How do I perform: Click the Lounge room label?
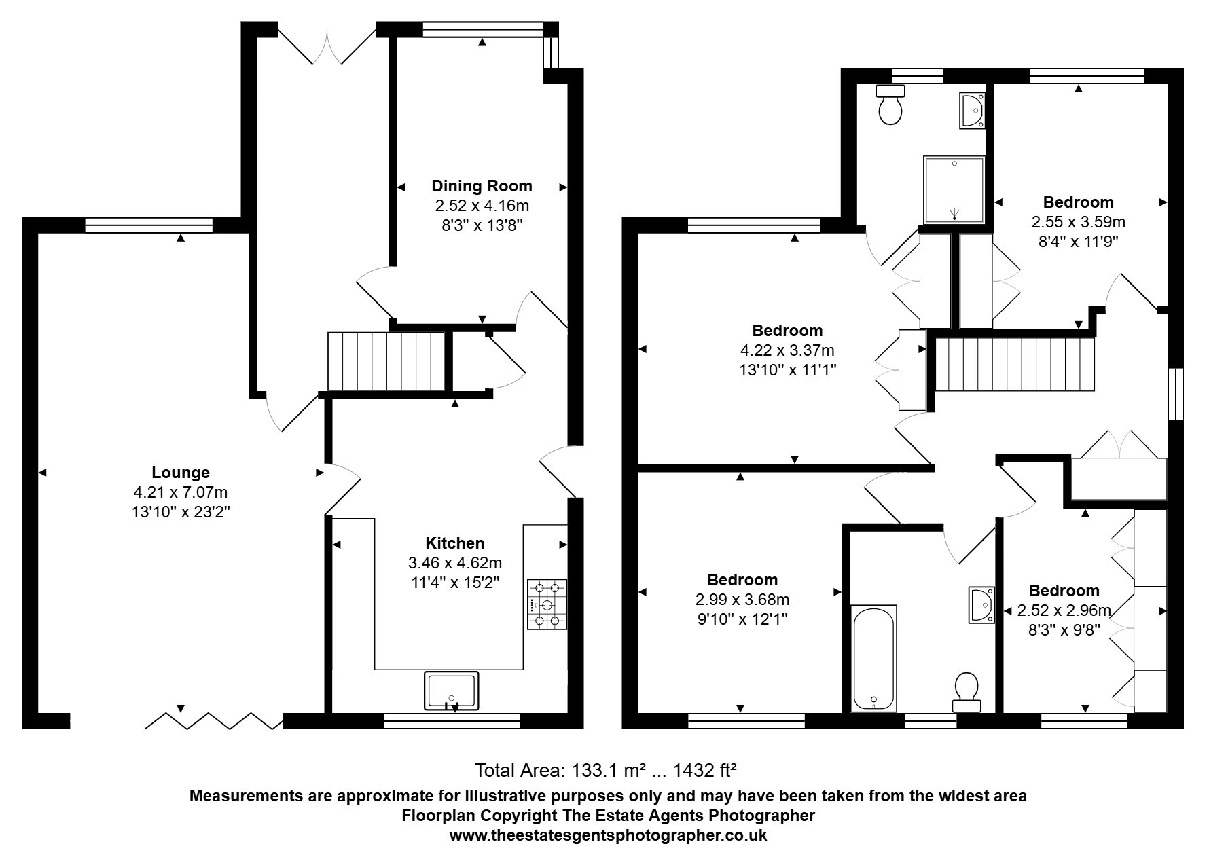tap(181, 473)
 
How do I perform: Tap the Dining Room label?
tap(482, 186)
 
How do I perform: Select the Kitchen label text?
tap(455, 543)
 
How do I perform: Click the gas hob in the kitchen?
tap(547, 604)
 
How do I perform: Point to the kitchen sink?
tap(451, 691)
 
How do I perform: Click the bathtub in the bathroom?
tap(873, 658)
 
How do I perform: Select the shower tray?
tap(954, 190)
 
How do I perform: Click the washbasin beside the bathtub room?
tap(981, 604)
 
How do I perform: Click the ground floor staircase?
tap(386, 361)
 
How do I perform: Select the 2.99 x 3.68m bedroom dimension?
tap(742, 600)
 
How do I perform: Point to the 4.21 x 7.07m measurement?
tap(181, 492)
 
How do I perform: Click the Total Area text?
tap(606, 771)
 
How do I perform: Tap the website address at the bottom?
tap(608, 835)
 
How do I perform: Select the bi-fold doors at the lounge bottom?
tap(214, 721)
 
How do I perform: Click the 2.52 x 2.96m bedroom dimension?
tap(1064, 610)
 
